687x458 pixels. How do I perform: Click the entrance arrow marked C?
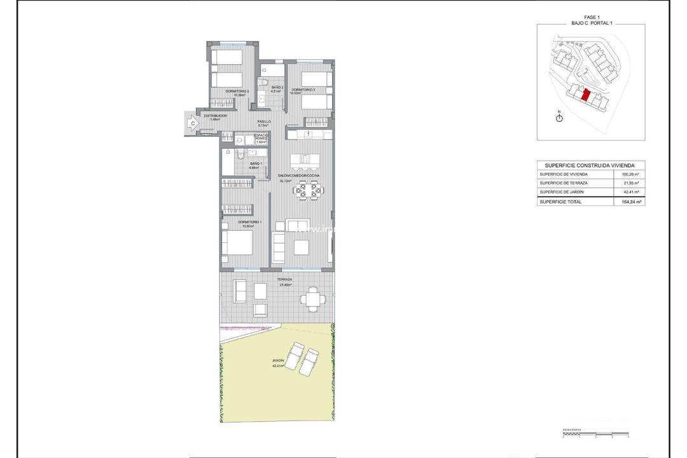pos(190,123)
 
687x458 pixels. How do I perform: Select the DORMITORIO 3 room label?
pos(303,90)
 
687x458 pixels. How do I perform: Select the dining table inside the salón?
pos(309,189)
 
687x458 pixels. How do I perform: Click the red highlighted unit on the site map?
pos(585,95)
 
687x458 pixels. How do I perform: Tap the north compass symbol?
pos(559,119)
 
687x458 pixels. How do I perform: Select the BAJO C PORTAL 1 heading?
pos(590,23)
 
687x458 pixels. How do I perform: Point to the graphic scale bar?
pos(591,435)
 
